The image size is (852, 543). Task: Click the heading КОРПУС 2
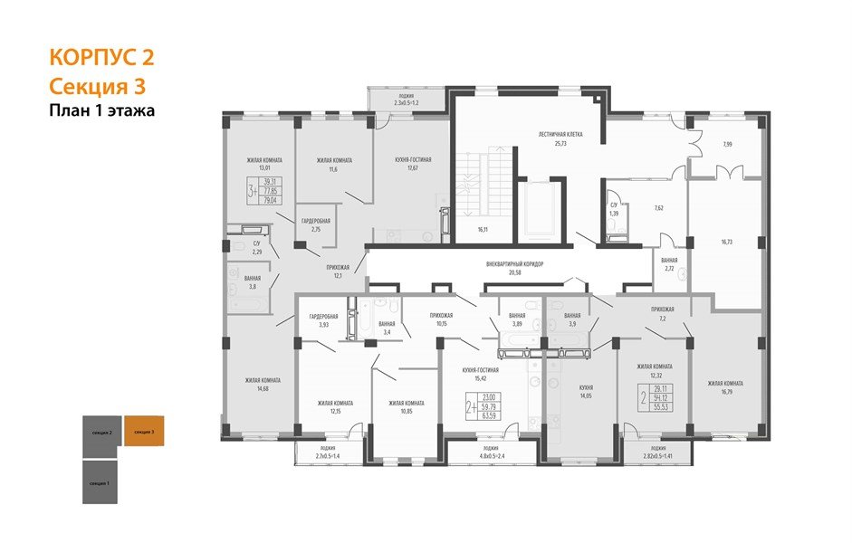coord(101,59)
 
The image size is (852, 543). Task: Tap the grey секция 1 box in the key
coord(101,483)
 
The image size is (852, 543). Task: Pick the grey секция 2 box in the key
coord(101,433)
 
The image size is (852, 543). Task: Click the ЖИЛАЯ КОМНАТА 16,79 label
coord(725,387)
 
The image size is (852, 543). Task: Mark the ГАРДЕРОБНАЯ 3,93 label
coord(322,320)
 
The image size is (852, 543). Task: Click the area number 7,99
coord(728,145)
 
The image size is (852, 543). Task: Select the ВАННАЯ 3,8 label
coord(253,282)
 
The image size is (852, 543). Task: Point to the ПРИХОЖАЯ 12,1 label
coord(339,271)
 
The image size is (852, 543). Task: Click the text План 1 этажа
coord(101,111)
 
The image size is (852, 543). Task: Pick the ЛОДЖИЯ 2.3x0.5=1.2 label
coord(406,100)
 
